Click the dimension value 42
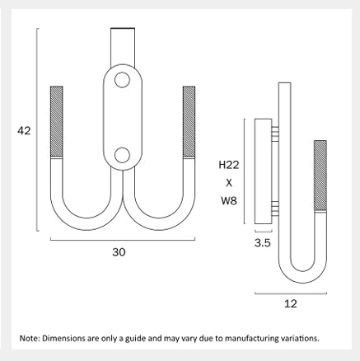[24, 131]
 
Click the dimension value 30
[119, 252]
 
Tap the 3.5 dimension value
[263, 243]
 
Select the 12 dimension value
[291, 303]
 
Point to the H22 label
[229, 165]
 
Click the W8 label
[229, 201]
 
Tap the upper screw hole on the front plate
[122, 80]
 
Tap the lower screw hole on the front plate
[122, 155]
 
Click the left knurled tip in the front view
[57, 121]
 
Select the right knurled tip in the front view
[189, 121]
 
